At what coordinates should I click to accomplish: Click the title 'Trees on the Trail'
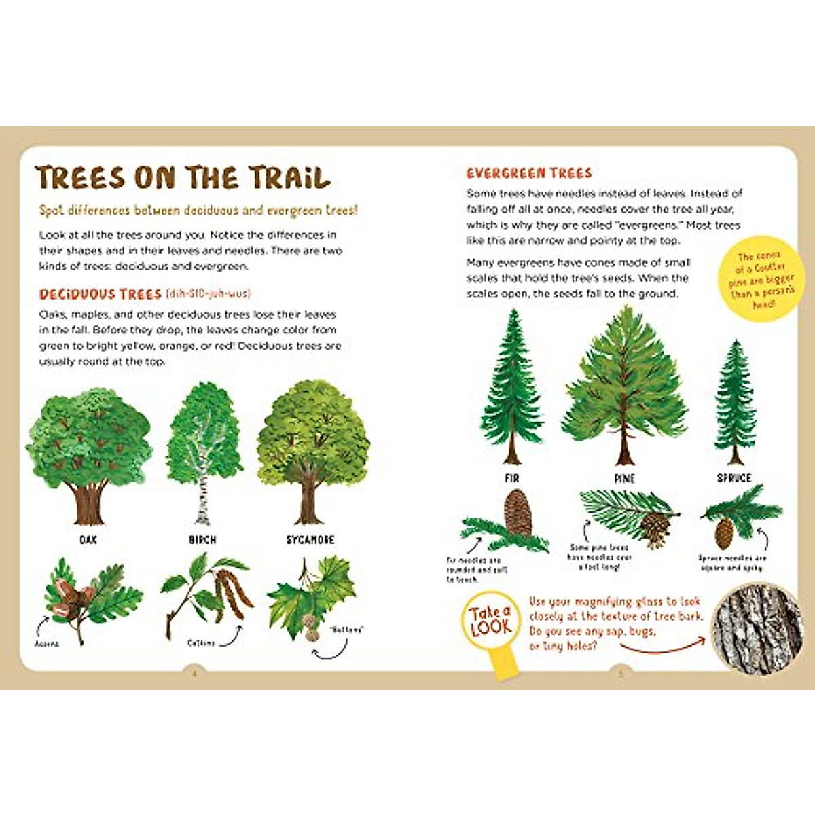point(183,178)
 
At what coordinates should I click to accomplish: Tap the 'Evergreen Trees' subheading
point(529,173)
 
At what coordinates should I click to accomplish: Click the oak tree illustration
point(88,452)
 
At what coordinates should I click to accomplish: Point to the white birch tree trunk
point(202,496)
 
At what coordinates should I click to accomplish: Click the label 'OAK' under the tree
point(88,540)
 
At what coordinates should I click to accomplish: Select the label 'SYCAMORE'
point(310,540)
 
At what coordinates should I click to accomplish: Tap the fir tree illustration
point(513,387)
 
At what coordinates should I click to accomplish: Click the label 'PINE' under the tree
point(624,479)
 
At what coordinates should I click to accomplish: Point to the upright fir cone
point(518,513)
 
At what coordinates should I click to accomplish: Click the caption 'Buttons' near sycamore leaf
point(346,630)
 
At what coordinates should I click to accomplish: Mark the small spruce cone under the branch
point(725,529)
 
